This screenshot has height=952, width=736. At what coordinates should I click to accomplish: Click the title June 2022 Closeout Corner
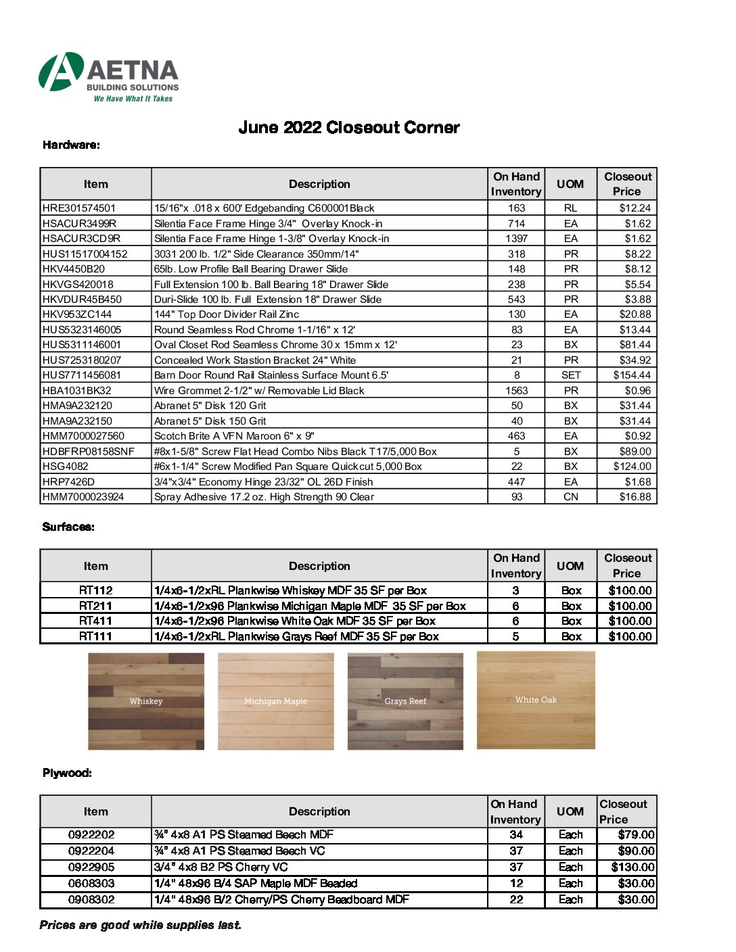tap(348, 128)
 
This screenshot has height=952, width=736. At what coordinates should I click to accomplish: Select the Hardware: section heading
tap(71, 145)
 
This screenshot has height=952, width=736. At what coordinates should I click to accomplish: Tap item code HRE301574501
tap(79, 208)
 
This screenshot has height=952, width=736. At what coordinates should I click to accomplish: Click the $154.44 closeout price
tap(632, 375)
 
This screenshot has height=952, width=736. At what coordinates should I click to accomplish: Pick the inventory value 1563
tap(516, 391)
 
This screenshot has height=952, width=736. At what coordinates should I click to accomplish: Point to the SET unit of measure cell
tap(570, 375)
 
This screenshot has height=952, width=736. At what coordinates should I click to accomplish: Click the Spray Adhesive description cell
tap(264, 497)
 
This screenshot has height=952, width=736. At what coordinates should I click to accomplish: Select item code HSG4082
tap(66, 467)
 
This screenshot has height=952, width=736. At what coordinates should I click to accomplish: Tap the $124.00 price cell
tap(632, 467)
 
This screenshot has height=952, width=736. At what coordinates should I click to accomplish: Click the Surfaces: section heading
tap(68, 527)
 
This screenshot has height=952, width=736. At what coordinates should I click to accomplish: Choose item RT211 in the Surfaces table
tap(95, 606)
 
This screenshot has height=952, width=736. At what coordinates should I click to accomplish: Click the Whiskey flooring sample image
tap(146, 701)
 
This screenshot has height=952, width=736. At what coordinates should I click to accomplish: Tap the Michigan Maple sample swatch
tap(275, 701)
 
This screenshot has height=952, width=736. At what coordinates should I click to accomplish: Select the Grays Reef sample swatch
tap(405, 701)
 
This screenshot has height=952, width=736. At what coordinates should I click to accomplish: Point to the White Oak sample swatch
tap(536, 700)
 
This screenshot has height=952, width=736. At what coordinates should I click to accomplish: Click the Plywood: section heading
tap(67, 773)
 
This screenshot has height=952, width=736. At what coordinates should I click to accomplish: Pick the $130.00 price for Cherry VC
tap(632, 867)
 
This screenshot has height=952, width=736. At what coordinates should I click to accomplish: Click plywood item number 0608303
tap(91, 884)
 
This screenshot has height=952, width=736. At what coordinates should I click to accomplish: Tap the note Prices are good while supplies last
tap(140, 925)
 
